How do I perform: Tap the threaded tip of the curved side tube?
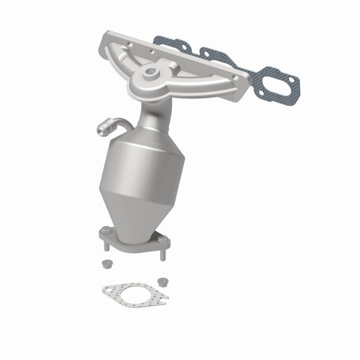click(x=101, y=131)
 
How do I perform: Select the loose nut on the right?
click(x=163, y=282)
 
